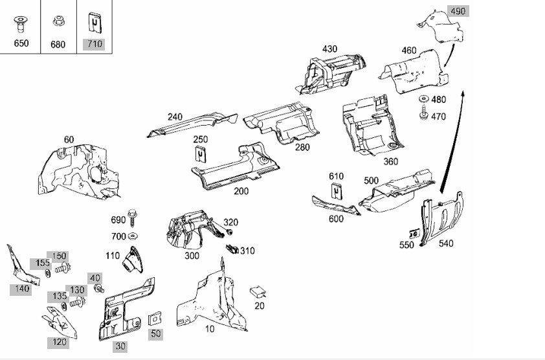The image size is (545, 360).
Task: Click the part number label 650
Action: pos(21,43)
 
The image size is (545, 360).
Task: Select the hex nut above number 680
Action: pos(58,21)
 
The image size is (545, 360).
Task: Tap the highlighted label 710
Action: pos(95,44)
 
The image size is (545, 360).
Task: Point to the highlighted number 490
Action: pos(458,11)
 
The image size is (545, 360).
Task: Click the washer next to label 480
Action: pos(423,100)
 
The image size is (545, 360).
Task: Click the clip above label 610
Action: pos(337,190)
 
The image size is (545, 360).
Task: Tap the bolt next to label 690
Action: pos(132,218)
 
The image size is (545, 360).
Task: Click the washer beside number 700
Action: pos(132,236)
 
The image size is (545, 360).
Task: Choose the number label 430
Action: pos(329,49)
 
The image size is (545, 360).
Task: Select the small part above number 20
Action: pos(258,292)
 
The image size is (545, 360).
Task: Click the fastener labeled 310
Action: pos(232,249)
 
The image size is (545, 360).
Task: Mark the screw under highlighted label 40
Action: pos(100,288)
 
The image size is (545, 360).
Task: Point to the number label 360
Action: pos(391,161)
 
